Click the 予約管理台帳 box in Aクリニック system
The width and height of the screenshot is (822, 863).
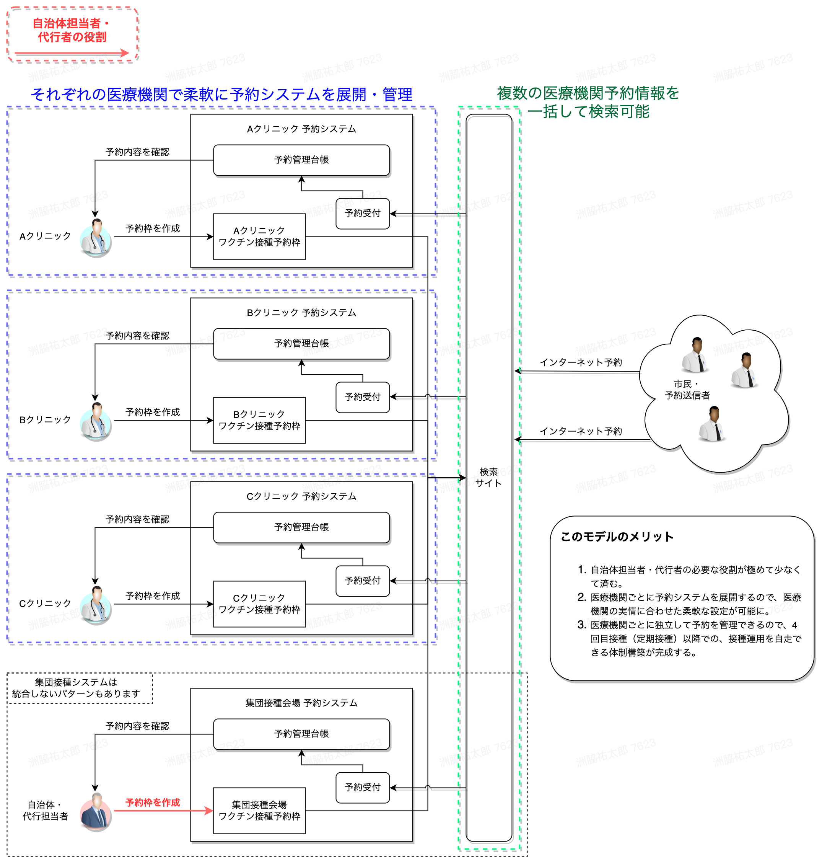[x=301, y=160]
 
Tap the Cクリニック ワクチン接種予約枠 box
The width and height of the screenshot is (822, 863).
[x=259, y=604]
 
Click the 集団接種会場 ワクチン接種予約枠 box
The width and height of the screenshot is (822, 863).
[x=259, y=811]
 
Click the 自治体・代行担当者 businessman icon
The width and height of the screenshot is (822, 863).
[x=96, y=811]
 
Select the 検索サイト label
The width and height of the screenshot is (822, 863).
[x=488, y=478]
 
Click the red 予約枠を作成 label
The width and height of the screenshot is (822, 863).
[x=153, y=803]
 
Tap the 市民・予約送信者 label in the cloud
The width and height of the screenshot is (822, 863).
[x=687, y=390]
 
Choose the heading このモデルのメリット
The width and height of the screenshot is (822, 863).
[x=617, y=537]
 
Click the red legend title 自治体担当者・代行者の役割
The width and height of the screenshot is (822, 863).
[x=72, y=30]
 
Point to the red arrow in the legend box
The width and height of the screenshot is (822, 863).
[x=72, y=54]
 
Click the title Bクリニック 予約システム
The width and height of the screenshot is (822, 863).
[x=301, y=313]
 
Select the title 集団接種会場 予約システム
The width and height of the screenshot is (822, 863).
[x=301, y=703]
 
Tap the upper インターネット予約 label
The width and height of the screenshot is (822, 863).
[x=581, y=362]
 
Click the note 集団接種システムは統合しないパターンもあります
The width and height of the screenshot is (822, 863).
[x=76, y=688]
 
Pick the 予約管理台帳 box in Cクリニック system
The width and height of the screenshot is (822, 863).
[x=301, y=527]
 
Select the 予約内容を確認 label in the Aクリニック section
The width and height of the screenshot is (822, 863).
[x=137, y=152]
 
